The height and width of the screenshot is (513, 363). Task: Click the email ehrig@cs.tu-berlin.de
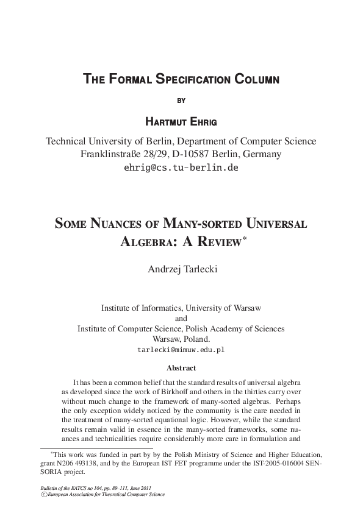(181, 168)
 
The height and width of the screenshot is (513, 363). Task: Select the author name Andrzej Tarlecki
(181, 269)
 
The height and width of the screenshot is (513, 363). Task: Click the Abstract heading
(181, 368)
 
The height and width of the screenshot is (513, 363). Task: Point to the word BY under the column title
(181, 99)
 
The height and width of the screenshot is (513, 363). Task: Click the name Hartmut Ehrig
(181, 121)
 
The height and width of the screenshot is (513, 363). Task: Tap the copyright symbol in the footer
(43, 495)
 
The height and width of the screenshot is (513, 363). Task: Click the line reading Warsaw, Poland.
(181, 339)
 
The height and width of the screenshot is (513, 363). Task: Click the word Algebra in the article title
(146, 242)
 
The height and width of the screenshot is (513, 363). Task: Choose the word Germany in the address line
(262, 154)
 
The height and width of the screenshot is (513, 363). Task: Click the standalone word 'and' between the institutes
(181, 318)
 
